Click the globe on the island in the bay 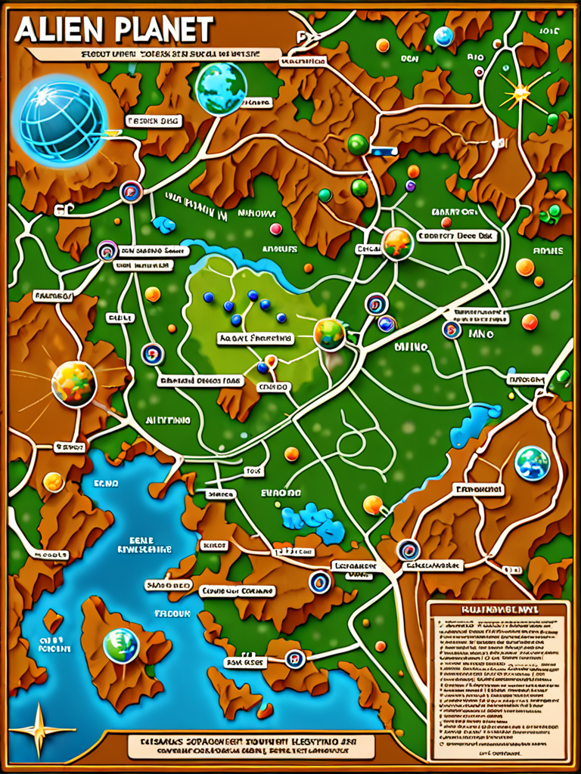click(x=121, y=645)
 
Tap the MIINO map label click(x=411, y=347)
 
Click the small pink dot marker click(x=276, y=228)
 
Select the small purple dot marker click(x=411, y=186)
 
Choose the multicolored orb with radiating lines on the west click(x=73, y=382)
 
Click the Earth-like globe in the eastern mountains click(x=532, y=463)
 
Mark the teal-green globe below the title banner click(x=221, y=88)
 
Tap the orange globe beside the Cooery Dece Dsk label click(x=397, y=243)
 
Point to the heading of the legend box click(x=497, y=609)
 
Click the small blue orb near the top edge click(x=443, y=36)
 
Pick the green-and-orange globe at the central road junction click(x=330, y=333)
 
